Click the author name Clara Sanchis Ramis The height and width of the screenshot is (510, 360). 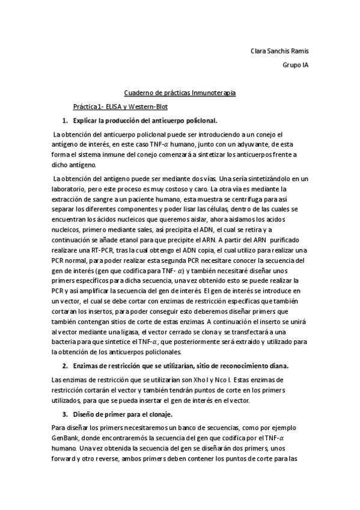(x=279, y=51)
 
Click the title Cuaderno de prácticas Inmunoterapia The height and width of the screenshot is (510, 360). (x=180, y=93)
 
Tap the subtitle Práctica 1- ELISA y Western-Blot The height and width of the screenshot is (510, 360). (x=120, y=106)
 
